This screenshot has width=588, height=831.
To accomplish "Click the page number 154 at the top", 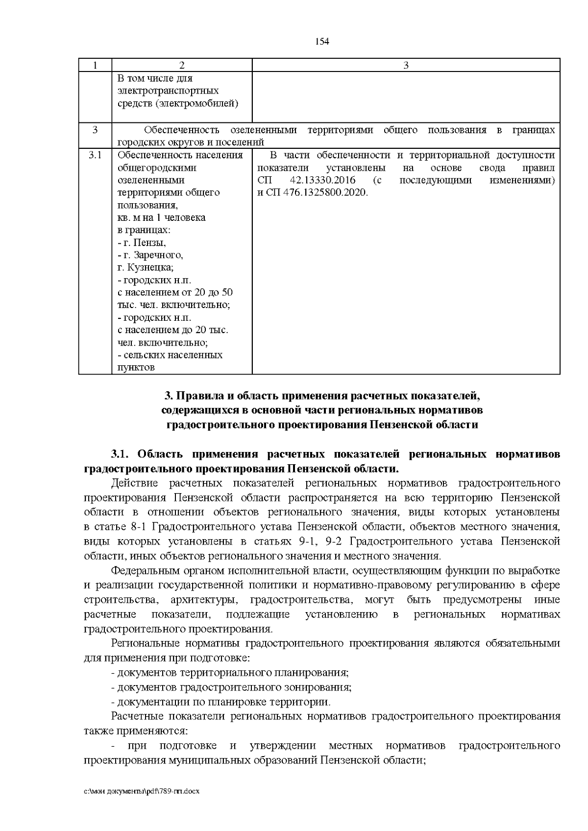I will click(x=321, y=41).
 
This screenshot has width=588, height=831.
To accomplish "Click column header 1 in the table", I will click(x=95, y=65).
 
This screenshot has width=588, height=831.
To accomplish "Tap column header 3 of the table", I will click(x=406, y=65).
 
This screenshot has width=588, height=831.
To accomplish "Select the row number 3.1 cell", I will click(x=95, y=155).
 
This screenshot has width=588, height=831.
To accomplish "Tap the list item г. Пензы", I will click(x=142, y=243).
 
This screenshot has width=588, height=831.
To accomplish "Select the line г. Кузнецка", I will click(x=146, y=268).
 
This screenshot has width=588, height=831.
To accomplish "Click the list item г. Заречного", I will click(x=150, y=255).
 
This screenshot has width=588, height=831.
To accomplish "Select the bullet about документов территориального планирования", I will click(x=230, y=673).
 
